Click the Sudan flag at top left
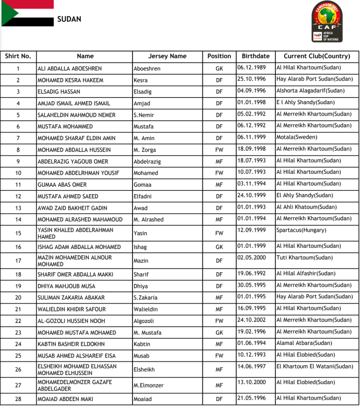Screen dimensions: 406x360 coord(27,13)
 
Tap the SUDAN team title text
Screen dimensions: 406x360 coord(69,20)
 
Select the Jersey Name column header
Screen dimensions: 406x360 coord(167,56)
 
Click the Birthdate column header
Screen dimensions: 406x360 coord(255,56)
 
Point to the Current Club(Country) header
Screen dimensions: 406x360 coord(316,56)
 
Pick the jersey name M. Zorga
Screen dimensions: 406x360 coord(144,150)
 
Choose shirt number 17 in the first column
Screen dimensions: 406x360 coord(18,260)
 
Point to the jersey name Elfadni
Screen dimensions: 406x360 coord(144,196)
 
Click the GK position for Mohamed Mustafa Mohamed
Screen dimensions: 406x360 coord(219,333)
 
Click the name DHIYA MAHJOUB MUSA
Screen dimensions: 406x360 coord(66,286)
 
